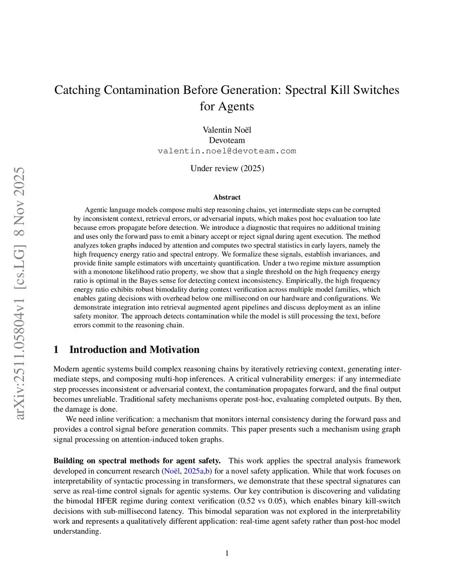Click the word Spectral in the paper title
305,90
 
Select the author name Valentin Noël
227,130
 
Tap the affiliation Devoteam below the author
227,140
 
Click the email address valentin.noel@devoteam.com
227,151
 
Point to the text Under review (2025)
227,168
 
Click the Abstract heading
227,198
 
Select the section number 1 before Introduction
56,350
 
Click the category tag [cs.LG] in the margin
20,262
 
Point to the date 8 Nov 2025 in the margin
20,202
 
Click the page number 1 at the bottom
227,553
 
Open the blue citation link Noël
172,471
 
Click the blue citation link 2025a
193,471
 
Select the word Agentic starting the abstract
97,210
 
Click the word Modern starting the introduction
66,369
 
